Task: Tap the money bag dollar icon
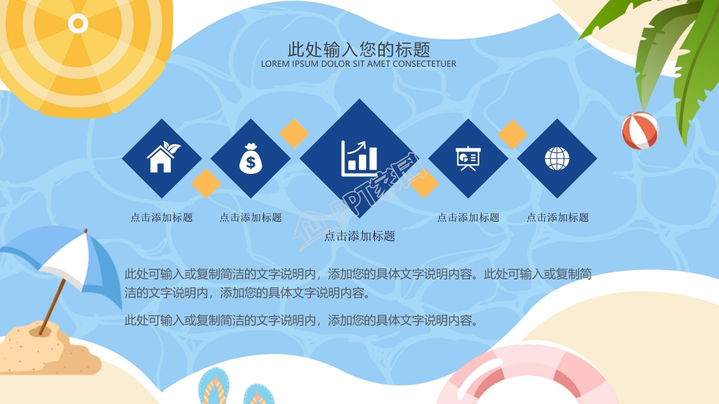pos(251,158)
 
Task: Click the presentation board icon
pos(468,158)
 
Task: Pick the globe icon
pos(557,158)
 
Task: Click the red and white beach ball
pos(640,130)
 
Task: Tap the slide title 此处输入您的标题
pos(359,49)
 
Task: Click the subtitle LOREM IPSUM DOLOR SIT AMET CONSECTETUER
pos(358,64)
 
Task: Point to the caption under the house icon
pos(162,218)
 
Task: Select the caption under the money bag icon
pos(251,218)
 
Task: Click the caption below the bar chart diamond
pos(359,236)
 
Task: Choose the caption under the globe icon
pos(557,218)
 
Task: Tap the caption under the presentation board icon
pos(468,218)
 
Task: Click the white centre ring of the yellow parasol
pos(78,23)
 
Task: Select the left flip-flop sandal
pos(213,387)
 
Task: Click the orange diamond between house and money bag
pos(206,183)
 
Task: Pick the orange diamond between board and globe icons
pos(512,134)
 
